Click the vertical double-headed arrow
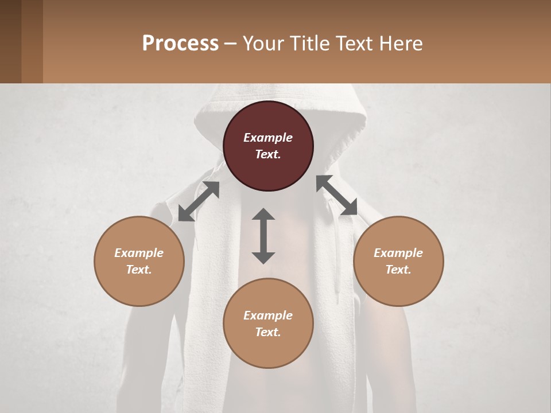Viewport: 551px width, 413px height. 263,236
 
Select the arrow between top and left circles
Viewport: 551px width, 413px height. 199,201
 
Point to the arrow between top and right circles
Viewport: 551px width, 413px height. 337,196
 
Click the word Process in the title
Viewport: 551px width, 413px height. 180,43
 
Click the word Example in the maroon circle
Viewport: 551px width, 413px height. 268,138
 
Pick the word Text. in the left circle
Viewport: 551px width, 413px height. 139,270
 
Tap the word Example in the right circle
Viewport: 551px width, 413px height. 398,253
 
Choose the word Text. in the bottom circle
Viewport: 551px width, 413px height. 268,332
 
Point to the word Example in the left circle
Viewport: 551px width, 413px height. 139,253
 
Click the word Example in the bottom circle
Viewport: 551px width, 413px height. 268,315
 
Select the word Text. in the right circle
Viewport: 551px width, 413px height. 398,270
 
